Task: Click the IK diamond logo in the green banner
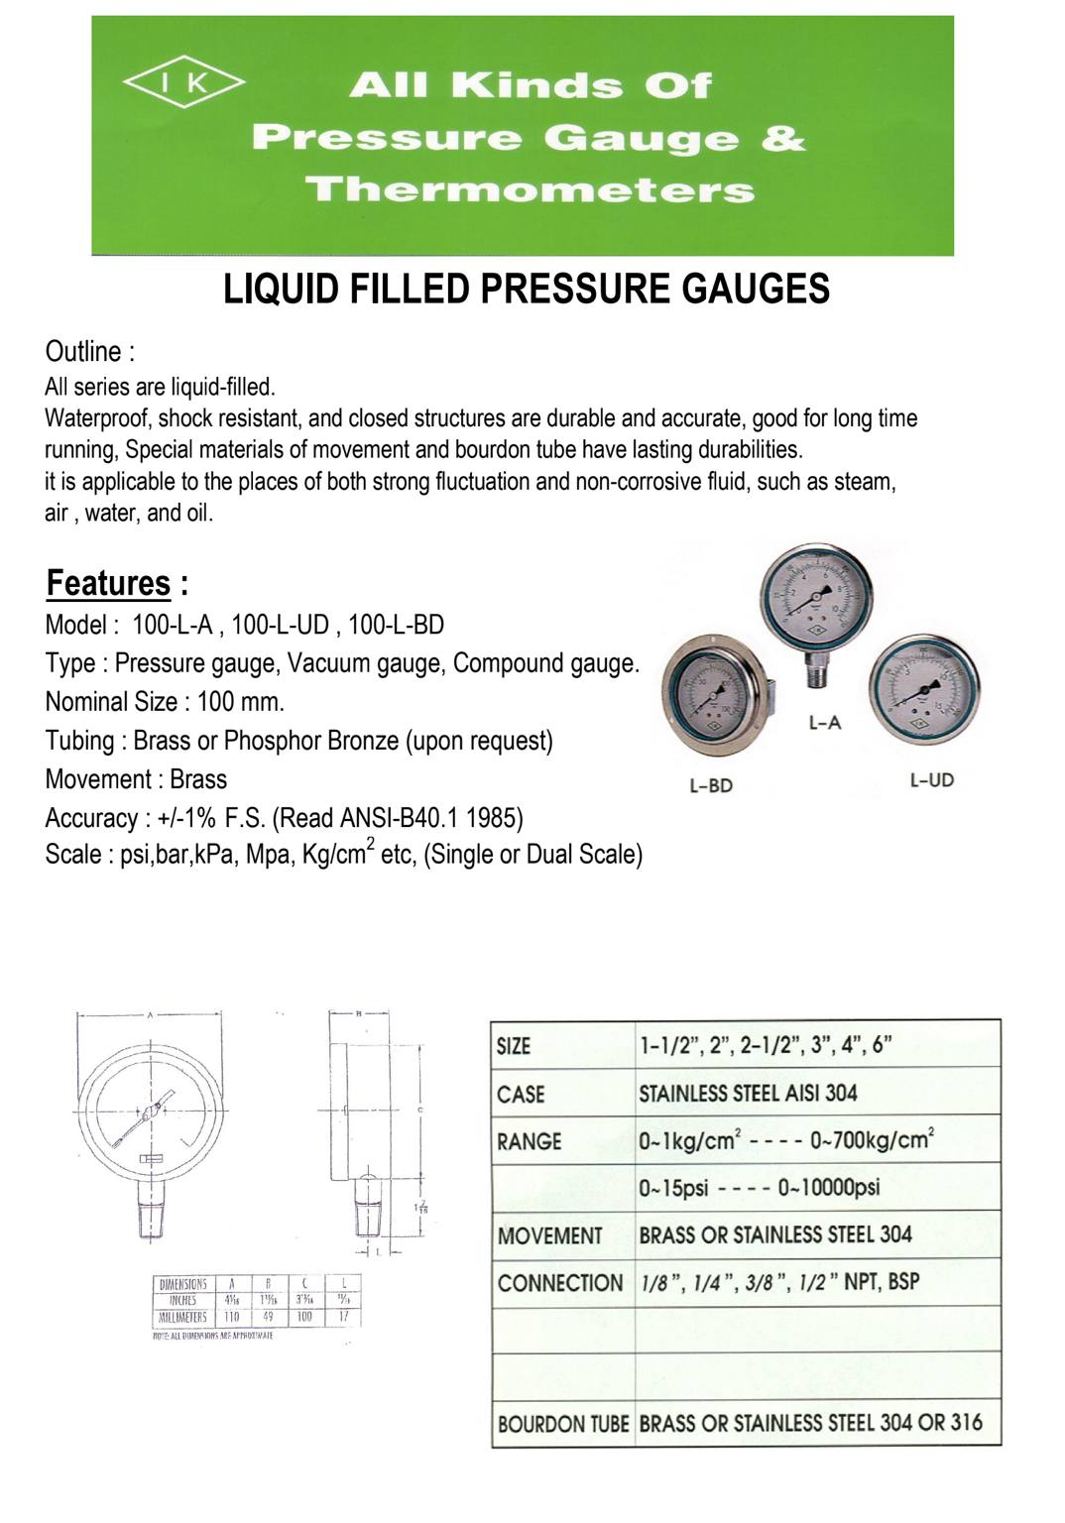pos(183,83)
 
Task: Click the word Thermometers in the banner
pos(530,189)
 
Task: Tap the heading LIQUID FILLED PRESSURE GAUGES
pos(527,289)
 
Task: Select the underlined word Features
pos(108,582)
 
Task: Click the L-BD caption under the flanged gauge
pos(710,785)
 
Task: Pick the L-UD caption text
pos(931,780)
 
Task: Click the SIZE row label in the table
pos(514,1046)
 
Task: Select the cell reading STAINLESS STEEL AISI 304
pos(748,1093)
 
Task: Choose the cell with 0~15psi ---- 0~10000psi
pos(759,1188)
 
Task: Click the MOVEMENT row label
pos(549,1235)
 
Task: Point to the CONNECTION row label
pos(560,1283)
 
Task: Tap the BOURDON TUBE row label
pos(562,1424)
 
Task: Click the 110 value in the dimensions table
pos(231,1317)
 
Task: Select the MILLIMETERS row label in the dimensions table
pos(182,1317)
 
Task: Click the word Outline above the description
pos(83,351)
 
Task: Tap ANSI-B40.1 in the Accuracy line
pos(398,818)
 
